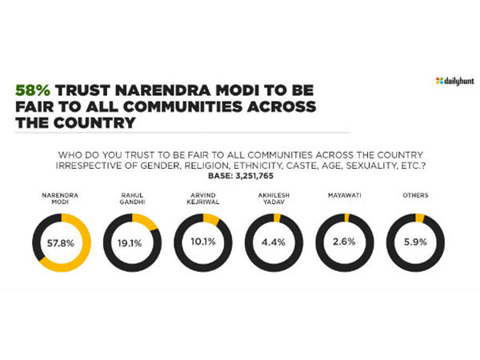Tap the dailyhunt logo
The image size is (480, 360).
(x=452, y=81)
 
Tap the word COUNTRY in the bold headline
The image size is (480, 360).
(x=94, y=124)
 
